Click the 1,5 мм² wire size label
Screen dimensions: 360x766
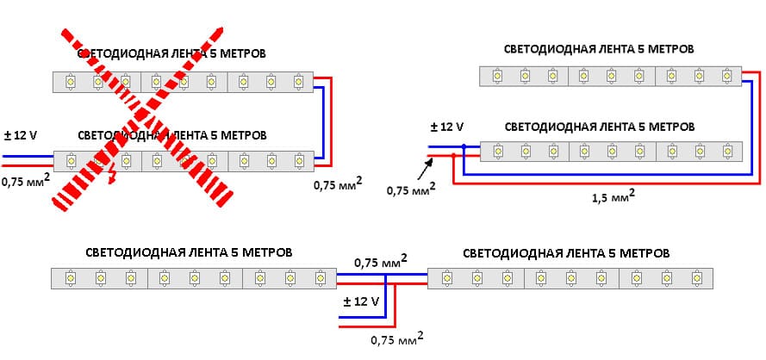pos(614,197)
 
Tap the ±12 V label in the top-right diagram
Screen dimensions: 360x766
pos(447,127)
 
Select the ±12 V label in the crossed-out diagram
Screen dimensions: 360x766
pos(21,135)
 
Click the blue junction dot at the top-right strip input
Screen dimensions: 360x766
pos(464,147)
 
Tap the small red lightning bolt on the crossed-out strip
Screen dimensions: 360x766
pos(109,179)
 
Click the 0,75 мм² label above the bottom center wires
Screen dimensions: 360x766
pos(380,261)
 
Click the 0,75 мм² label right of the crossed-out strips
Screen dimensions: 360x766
pos(337,183)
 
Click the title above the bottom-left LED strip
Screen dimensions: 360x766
pos(190,252)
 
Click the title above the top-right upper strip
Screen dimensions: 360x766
pos(600,49)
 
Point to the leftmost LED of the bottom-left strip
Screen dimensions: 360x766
pos(70,277)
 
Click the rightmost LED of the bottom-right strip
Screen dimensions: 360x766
pos(695,277)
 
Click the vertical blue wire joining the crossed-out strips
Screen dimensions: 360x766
pos(322,121)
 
